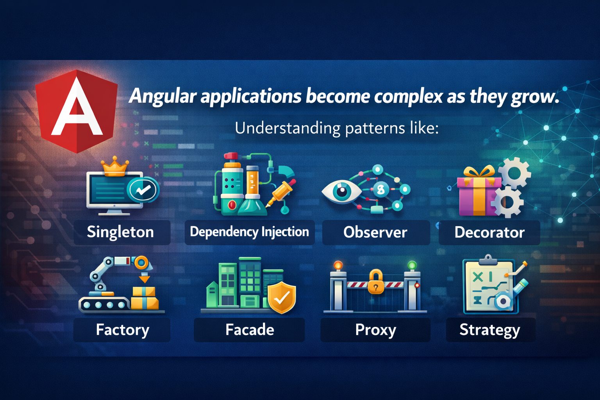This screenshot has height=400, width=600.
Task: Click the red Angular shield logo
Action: click(x=77, y=111)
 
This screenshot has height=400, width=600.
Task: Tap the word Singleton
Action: click(x=120, y=232)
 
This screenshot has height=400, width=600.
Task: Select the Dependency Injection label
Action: click(x=249, y=232)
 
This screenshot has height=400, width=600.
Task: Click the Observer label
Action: click(x=375, y=232)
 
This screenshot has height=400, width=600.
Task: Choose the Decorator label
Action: click(x=489, y=232)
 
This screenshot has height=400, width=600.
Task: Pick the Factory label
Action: click(x=122, y=330)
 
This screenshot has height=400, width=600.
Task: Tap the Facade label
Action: click(x=250, y=330)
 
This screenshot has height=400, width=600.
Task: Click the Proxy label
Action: click(x=375, y=330)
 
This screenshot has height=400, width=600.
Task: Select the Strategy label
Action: click(x=489, y=330)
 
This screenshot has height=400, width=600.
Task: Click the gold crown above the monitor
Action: click(x=114, y=167)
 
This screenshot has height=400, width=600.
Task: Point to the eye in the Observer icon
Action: click(x=342, y=191)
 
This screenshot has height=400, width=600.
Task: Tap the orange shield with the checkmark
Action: click(x=282, y=297)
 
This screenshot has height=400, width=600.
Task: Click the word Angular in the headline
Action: click(x=163, y=96)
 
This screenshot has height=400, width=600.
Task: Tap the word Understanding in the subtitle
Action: click(x=287, y=128)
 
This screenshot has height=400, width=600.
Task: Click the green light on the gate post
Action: click(x=412, y=266)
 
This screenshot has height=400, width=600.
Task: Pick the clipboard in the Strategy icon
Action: click(x=489, y=285)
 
